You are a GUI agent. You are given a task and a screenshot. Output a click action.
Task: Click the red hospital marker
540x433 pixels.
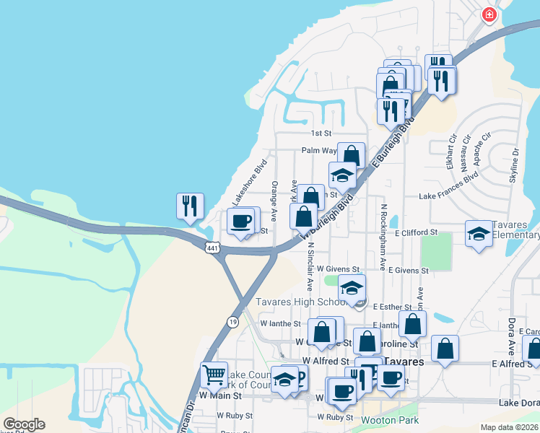[x=489, y=14]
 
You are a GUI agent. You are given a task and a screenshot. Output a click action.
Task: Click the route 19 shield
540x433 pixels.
[x=232, y=321]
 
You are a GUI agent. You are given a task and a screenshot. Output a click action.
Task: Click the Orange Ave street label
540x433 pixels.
[x=274, y=201]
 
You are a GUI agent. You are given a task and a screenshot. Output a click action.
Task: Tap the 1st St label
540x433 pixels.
[x=321, y=134]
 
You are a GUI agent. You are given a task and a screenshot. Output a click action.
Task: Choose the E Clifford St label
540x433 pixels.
[x=417, y=232]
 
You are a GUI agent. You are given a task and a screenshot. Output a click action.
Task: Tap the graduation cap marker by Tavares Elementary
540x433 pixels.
[x=478, y=234]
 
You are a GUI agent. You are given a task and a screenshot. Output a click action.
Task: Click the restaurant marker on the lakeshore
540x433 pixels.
[x=189, y=206]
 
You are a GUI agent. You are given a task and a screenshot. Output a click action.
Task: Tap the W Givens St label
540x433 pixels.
[x=338, y=269]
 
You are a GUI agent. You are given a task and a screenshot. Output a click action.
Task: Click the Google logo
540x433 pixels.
[x=24, y=424]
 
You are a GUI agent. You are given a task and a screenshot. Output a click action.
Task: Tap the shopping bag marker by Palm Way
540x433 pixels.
[x=351, y=155]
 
